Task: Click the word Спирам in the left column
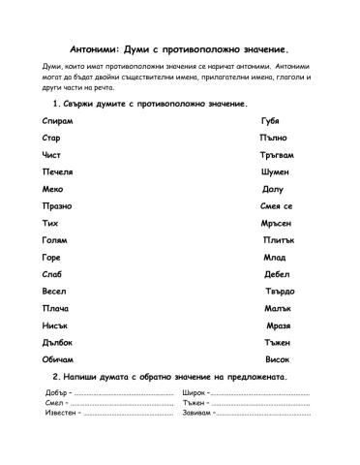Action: pyautogui.click(x=58, y=121)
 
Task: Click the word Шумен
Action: pyautogui.click(x=275, y=171)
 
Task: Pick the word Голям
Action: pyautogui.click(x=55, y=239)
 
